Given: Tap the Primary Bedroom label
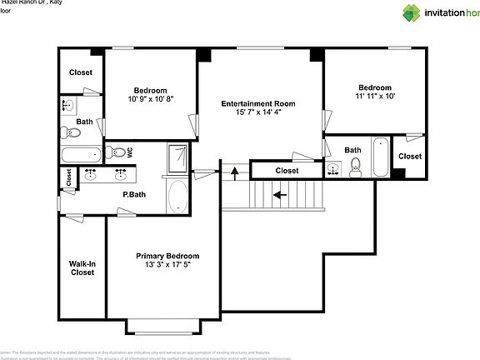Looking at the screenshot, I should click(167, 256).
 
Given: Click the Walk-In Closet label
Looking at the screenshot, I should click(82, 267).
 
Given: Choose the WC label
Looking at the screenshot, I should click(130, 152).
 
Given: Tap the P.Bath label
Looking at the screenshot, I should click(134, 195).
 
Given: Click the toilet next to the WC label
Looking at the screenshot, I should click(117, 152).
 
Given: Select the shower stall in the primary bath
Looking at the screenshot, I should click(178, 158).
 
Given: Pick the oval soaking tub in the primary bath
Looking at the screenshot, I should click(178, 197).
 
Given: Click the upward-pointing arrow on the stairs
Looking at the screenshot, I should click(235, 173).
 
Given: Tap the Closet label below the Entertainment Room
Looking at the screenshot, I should click(287, 171).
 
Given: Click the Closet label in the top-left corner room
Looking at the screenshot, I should click(81, 72).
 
